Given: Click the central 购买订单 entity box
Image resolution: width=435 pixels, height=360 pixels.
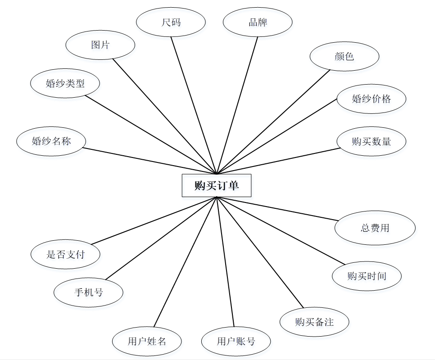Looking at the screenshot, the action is click(216, 185).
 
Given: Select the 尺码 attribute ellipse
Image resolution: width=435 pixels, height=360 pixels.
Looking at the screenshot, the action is click(171, 22).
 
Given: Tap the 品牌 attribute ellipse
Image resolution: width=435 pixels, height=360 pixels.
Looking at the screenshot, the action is click(258, 22).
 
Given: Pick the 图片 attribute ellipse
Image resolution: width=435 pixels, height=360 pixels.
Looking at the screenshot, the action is click(100, 45).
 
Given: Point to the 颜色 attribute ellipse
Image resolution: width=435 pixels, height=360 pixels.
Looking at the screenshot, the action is click(344, 56).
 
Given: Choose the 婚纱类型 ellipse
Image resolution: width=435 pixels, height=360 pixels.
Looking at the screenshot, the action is click(65, 83).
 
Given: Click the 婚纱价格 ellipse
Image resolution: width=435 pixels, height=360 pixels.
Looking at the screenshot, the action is click(372, 99).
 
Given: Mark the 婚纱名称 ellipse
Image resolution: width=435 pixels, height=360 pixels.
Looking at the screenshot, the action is click(51, 141).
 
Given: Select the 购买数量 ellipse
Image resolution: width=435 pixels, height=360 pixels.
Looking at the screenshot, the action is click(372, 141).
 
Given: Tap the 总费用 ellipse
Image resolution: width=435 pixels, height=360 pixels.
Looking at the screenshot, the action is click(375, 228).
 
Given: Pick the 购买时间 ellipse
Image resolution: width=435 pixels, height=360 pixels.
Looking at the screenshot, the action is click(367, 276).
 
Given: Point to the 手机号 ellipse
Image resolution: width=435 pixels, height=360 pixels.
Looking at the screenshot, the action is click(88, 292).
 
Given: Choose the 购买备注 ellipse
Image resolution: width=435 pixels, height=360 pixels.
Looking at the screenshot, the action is click(314, 322).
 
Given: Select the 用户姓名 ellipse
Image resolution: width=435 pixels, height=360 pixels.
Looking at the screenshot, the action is click(147, 341).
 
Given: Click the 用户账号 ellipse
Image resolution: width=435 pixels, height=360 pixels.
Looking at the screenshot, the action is click(236, 341).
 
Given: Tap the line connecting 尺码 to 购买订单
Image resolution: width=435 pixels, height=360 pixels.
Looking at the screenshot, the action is click(194, 105).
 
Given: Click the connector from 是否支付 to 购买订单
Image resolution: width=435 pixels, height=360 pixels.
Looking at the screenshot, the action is click(153, 220).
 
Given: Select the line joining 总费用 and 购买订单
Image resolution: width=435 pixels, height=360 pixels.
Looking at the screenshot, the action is click(277, 209).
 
